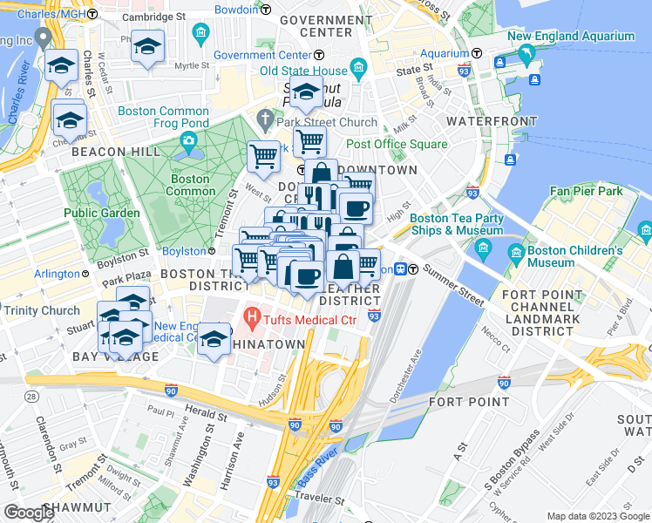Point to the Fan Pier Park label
click(586, 190)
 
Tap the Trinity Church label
click(41, 311)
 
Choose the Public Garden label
click(101, 213)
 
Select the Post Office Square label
click(397, 144)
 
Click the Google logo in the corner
click(29, 513)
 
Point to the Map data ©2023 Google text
click(597, 516)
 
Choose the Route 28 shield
click(31, 397)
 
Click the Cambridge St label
click(154, 17)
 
